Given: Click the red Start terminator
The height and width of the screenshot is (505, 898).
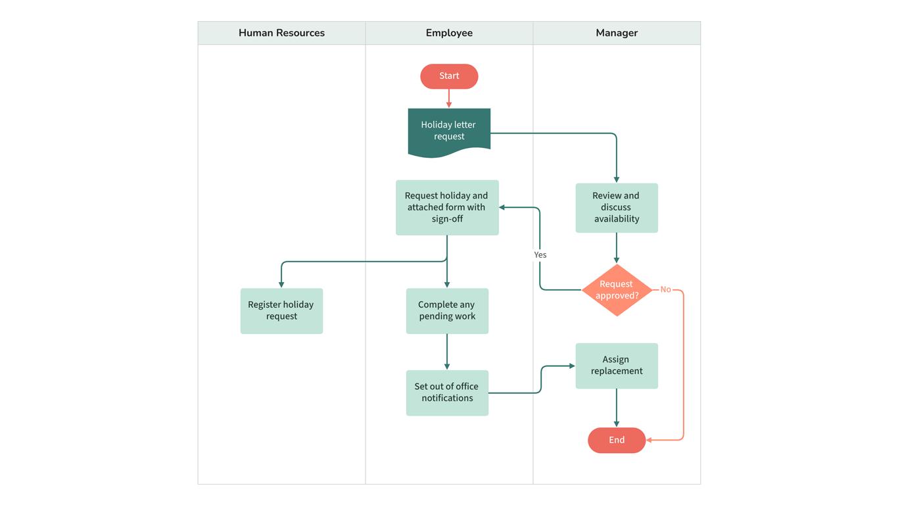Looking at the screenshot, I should click(449, 76).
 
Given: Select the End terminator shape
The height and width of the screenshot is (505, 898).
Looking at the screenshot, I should click(617, 440).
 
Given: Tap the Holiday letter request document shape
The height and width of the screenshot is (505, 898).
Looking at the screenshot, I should click(449, 131).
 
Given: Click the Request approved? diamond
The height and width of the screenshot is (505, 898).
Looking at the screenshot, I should click(617, 290).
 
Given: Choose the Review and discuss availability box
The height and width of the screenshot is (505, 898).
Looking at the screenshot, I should click(617, 207).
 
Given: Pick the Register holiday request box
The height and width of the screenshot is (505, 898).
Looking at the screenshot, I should click(281, 310).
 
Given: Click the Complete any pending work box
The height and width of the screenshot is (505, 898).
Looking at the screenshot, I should click(447, 310).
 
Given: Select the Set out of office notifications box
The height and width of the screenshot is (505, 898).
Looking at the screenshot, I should click(447, 393).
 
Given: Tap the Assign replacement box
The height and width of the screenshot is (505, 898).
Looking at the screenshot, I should click(617, 366).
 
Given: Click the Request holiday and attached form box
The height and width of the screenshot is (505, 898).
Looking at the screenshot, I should click(447, 207).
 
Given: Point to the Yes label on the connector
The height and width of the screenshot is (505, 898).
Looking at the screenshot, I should click(540, 255).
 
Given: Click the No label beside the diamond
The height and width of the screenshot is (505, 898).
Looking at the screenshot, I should click(665, 290).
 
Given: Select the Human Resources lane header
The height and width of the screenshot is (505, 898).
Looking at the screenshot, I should click(281, 33).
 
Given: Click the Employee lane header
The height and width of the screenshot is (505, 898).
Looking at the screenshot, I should click(449, 33).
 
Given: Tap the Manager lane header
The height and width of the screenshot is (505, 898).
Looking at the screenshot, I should click(617, 33).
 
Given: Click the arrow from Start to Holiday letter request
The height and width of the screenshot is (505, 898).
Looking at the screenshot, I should click(449, 98).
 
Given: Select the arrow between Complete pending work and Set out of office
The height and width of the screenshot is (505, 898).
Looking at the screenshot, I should click(447, 352).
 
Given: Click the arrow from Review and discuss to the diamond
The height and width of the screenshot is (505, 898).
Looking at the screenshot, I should click(617, 248).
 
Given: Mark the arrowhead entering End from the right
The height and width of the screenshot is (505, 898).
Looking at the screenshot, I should click(650, 440).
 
